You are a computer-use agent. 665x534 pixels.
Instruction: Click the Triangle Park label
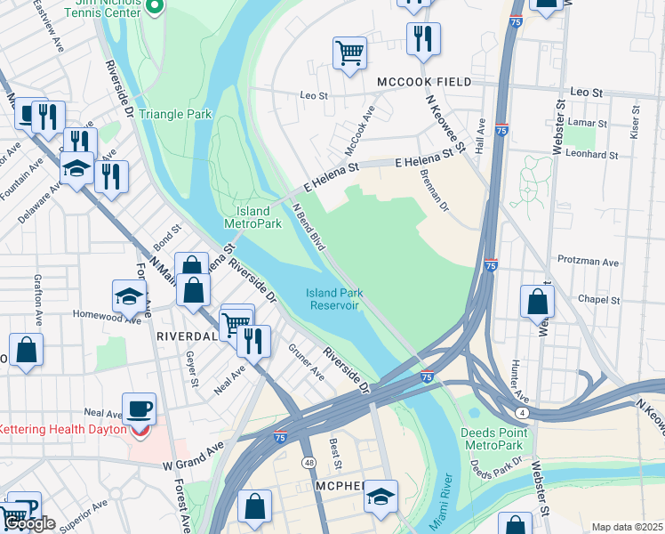174,115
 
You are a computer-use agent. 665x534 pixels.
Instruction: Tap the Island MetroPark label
253,217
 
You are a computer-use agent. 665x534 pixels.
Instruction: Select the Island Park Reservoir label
333,299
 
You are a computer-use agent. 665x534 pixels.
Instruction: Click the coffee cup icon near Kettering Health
139,409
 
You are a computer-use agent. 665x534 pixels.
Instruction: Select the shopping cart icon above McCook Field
350,53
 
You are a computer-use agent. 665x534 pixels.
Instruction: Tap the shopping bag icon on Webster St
538,303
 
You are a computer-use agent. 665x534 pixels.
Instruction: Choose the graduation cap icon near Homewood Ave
129,297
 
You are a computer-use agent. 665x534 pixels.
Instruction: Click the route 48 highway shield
308,463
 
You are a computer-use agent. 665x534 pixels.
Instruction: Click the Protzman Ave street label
588,263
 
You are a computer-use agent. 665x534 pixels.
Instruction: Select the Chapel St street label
598,300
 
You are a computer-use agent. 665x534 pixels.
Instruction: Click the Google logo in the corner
30,524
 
